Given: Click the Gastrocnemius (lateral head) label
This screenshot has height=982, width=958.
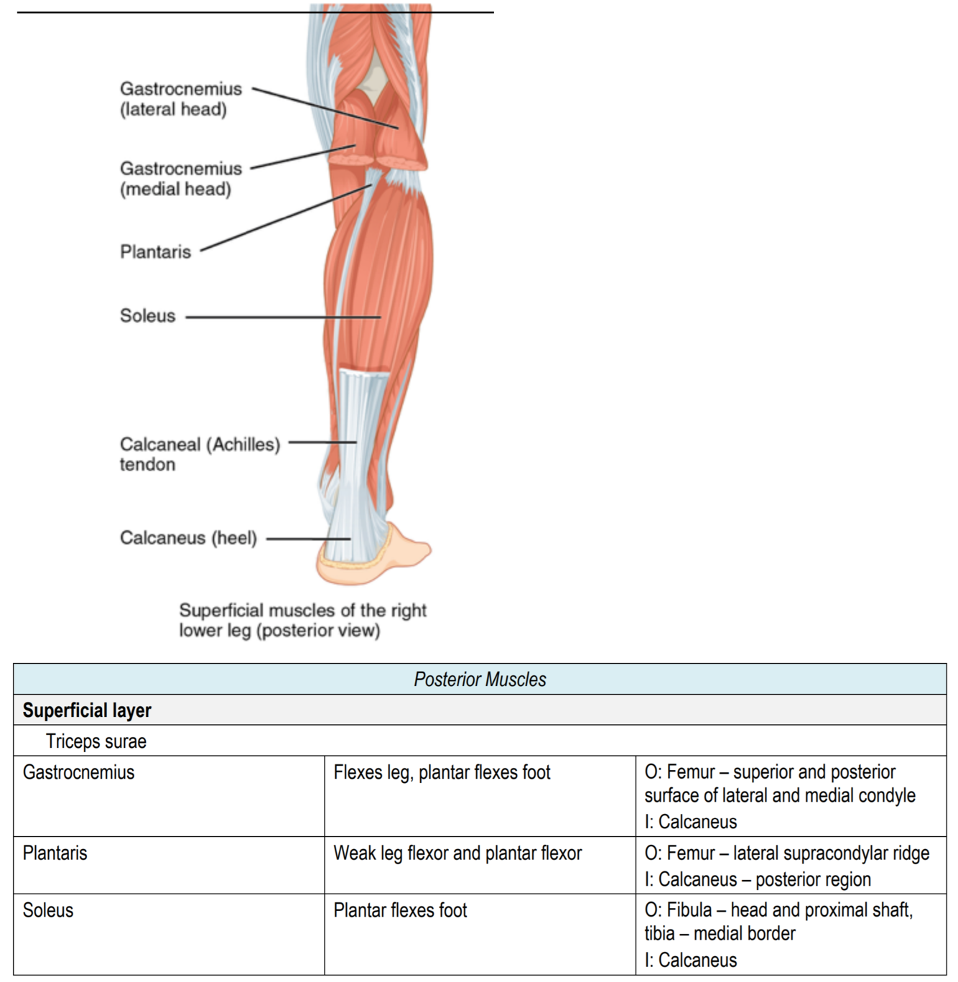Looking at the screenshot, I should point(180,99).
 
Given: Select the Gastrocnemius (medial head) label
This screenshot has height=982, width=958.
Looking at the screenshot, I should point(180,179).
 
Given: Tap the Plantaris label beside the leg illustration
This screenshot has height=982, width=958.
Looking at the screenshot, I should point(155,252).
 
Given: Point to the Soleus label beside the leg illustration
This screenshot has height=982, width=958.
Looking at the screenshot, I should point(147,316).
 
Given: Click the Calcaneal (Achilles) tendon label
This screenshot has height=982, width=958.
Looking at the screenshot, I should point(199,454).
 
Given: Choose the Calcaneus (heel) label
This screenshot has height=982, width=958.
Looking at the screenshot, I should point(188,538).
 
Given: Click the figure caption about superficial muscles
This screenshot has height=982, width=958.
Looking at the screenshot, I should point(302,620).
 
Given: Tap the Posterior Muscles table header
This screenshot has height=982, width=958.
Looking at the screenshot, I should point(480,680).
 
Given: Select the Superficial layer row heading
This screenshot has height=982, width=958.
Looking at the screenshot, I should point(87,710).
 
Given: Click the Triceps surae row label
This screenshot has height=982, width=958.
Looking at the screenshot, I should point(96,741).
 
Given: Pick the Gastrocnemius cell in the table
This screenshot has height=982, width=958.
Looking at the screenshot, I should point(79,773).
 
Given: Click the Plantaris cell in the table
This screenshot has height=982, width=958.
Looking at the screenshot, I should point(55,853).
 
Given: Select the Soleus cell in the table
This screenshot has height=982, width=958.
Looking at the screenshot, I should point(48,911).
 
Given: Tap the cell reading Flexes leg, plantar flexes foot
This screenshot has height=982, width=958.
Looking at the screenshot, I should point(442,773).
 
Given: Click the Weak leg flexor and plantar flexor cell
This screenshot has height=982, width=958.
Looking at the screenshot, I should point(457,853).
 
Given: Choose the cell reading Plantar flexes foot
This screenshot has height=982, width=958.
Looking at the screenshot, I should point(400,911).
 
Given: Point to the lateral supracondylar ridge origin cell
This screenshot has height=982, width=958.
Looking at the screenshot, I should point(786,866).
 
